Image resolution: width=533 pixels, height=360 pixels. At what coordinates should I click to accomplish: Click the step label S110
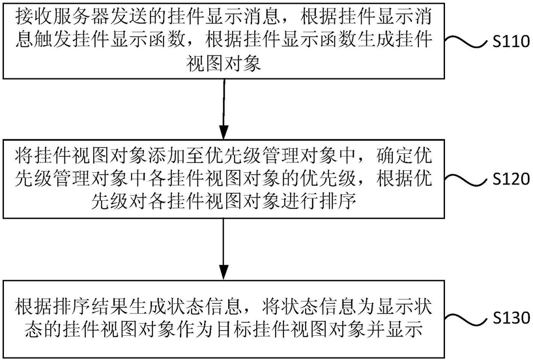[511, 41]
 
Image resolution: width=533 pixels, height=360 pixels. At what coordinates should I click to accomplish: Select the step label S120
[511, 179]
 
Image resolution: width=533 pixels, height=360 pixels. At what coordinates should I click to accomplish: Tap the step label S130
[511, 318]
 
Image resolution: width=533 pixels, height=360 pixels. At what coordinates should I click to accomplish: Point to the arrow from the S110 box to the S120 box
[223, 109]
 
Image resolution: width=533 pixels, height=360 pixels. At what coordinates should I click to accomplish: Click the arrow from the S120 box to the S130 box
[223, 249]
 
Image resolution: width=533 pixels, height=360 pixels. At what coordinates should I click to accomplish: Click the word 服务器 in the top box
[81, 17]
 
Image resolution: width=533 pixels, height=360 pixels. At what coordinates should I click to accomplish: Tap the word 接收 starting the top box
[34, 17]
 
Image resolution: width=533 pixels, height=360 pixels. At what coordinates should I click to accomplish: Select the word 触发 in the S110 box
[53, 40]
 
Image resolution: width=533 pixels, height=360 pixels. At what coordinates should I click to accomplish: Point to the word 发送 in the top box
[130, 17]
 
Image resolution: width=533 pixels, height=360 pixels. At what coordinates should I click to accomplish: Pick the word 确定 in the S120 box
[396, 156]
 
